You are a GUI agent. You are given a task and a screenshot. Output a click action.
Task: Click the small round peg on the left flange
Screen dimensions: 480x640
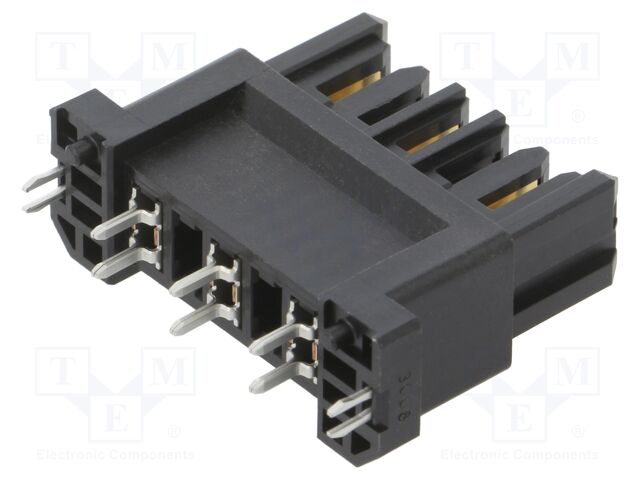point(78,150)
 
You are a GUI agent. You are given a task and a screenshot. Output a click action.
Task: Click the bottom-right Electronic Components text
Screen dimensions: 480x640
point(520,455)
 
